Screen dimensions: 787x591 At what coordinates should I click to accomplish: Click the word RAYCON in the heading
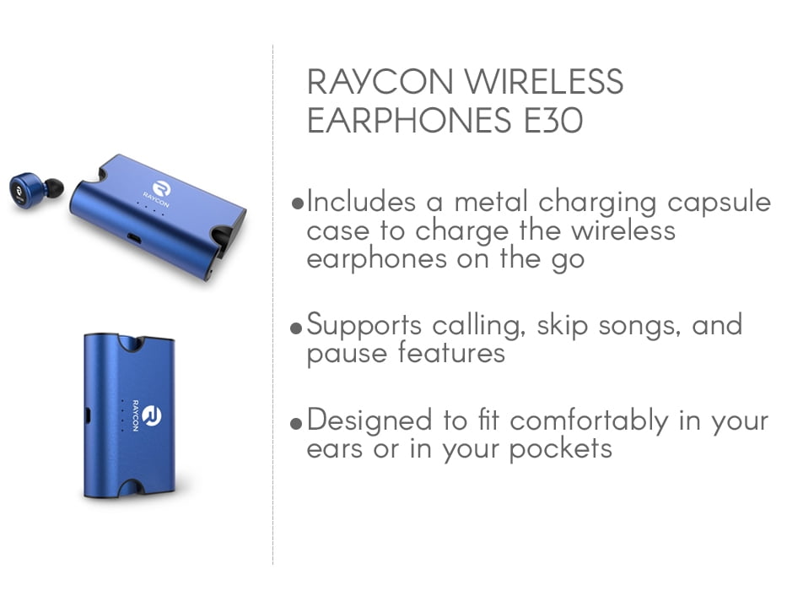coord(380,81)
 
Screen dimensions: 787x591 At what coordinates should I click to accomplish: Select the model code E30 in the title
coord(553,120)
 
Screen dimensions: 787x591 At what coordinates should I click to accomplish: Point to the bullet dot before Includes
coord(298,203)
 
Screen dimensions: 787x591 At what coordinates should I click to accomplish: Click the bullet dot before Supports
coord(297,328)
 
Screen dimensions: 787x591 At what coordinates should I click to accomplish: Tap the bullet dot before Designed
coord(297,423)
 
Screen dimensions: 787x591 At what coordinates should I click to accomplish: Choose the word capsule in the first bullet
coord(719,203)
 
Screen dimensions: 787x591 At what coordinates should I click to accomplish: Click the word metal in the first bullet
coord(491,201)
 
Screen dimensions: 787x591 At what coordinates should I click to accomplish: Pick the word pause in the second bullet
coord(347,355)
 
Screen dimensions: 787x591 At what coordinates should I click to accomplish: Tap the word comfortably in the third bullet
coord(590,421)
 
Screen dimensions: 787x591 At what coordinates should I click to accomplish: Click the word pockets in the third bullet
coord(561,449)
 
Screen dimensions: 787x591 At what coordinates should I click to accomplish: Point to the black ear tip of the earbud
coord(54,187)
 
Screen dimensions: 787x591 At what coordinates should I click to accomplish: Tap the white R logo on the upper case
coord(162,189)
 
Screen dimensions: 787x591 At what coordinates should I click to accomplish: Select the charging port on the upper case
coord(134,238)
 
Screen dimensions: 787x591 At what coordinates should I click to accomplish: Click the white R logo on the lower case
coord(152,415)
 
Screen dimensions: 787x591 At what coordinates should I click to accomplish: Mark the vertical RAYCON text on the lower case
coord(135,415)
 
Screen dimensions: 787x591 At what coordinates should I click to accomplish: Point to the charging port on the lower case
coord(89,415)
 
